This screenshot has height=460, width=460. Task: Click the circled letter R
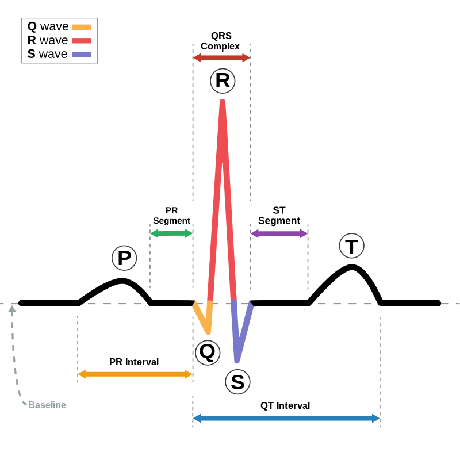pos(222,80)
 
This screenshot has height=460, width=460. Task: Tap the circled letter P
pos(124,258)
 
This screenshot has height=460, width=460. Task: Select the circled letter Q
pos(207,352)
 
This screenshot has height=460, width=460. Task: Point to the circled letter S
pos(237,381)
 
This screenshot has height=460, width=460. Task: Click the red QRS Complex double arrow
pos(221,57)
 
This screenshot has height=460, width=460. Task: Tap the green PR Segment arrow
pos(171,233)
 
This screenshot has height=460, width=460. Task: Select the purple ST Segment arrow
pos(279,233)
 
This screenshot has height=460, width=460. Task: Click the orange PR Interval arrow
pos(135,374)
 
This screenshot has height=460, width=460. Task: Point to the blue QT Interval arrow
pos(286,418)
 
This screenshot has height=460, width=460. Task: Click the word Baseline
pos(47,405)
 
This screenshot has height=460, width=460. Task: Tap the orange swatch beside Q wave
pos(82,26)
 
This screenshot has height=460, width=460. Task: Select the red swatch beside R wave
pos(82,40)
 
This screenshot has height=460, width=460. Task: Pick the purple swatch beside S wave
pos(82,54)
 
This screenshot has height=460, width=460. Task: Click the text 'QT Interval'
pos(285,406)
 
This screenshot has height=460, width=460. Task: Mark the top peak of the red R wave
pos(222,102)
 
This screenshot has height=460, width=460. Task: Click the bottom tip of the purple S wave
pos(237,361)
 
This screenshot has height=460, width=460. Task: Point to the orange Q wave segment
pos(202,317)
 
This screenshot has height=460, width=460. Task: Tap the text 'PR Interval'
pos(134,362)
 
